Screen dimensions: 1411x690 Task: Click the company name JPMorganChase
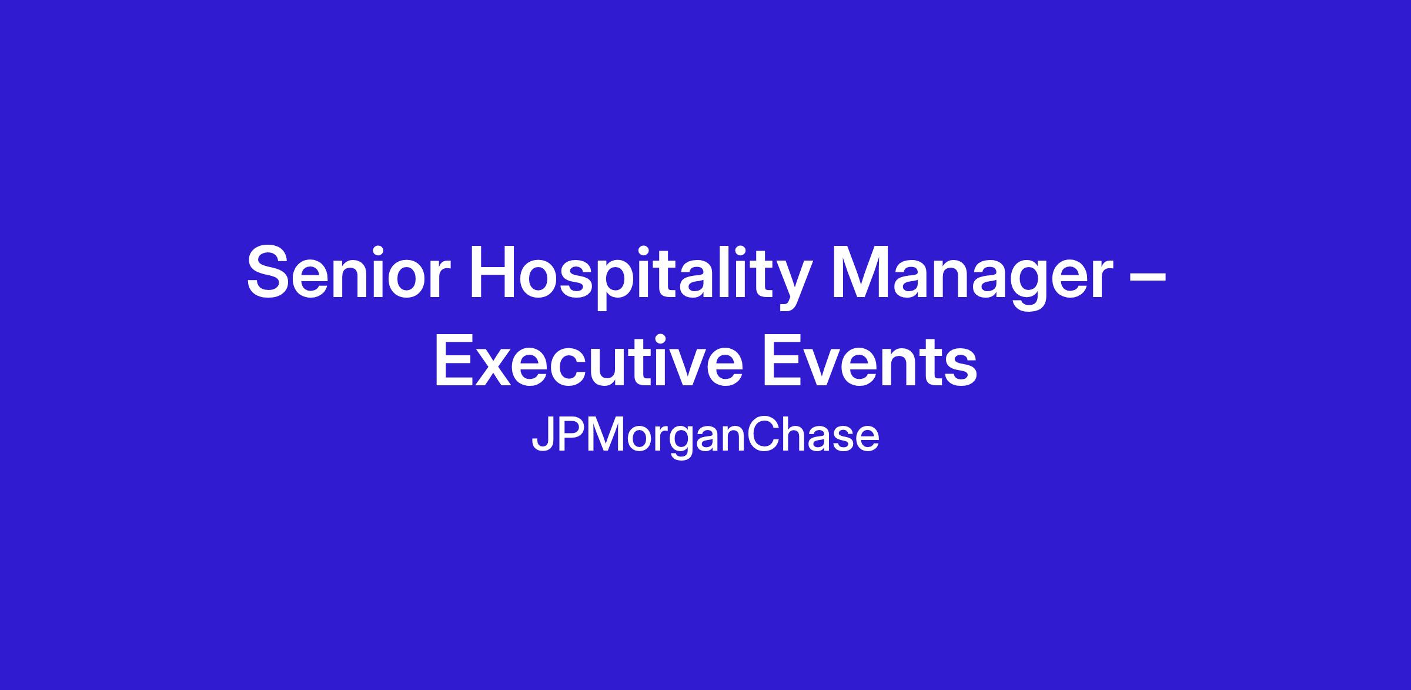coord(705,437)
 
